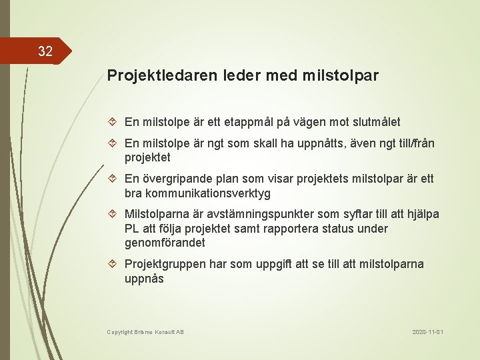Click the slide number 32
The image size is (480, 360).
click(x=45, y=51)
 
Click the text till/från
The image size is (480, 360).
click(x=413, y=143)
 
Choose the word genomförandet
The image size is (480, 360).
click(x=165, y=243)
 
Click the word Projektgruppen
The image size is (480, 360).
click(x=165, y=265)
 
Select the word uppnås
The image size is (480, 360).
click(x=144, y=279)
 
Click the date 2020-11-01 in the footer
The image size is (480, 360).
click(x=427, y=332)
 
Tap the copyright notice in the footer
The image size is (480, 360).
click(x=145, y=332)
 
